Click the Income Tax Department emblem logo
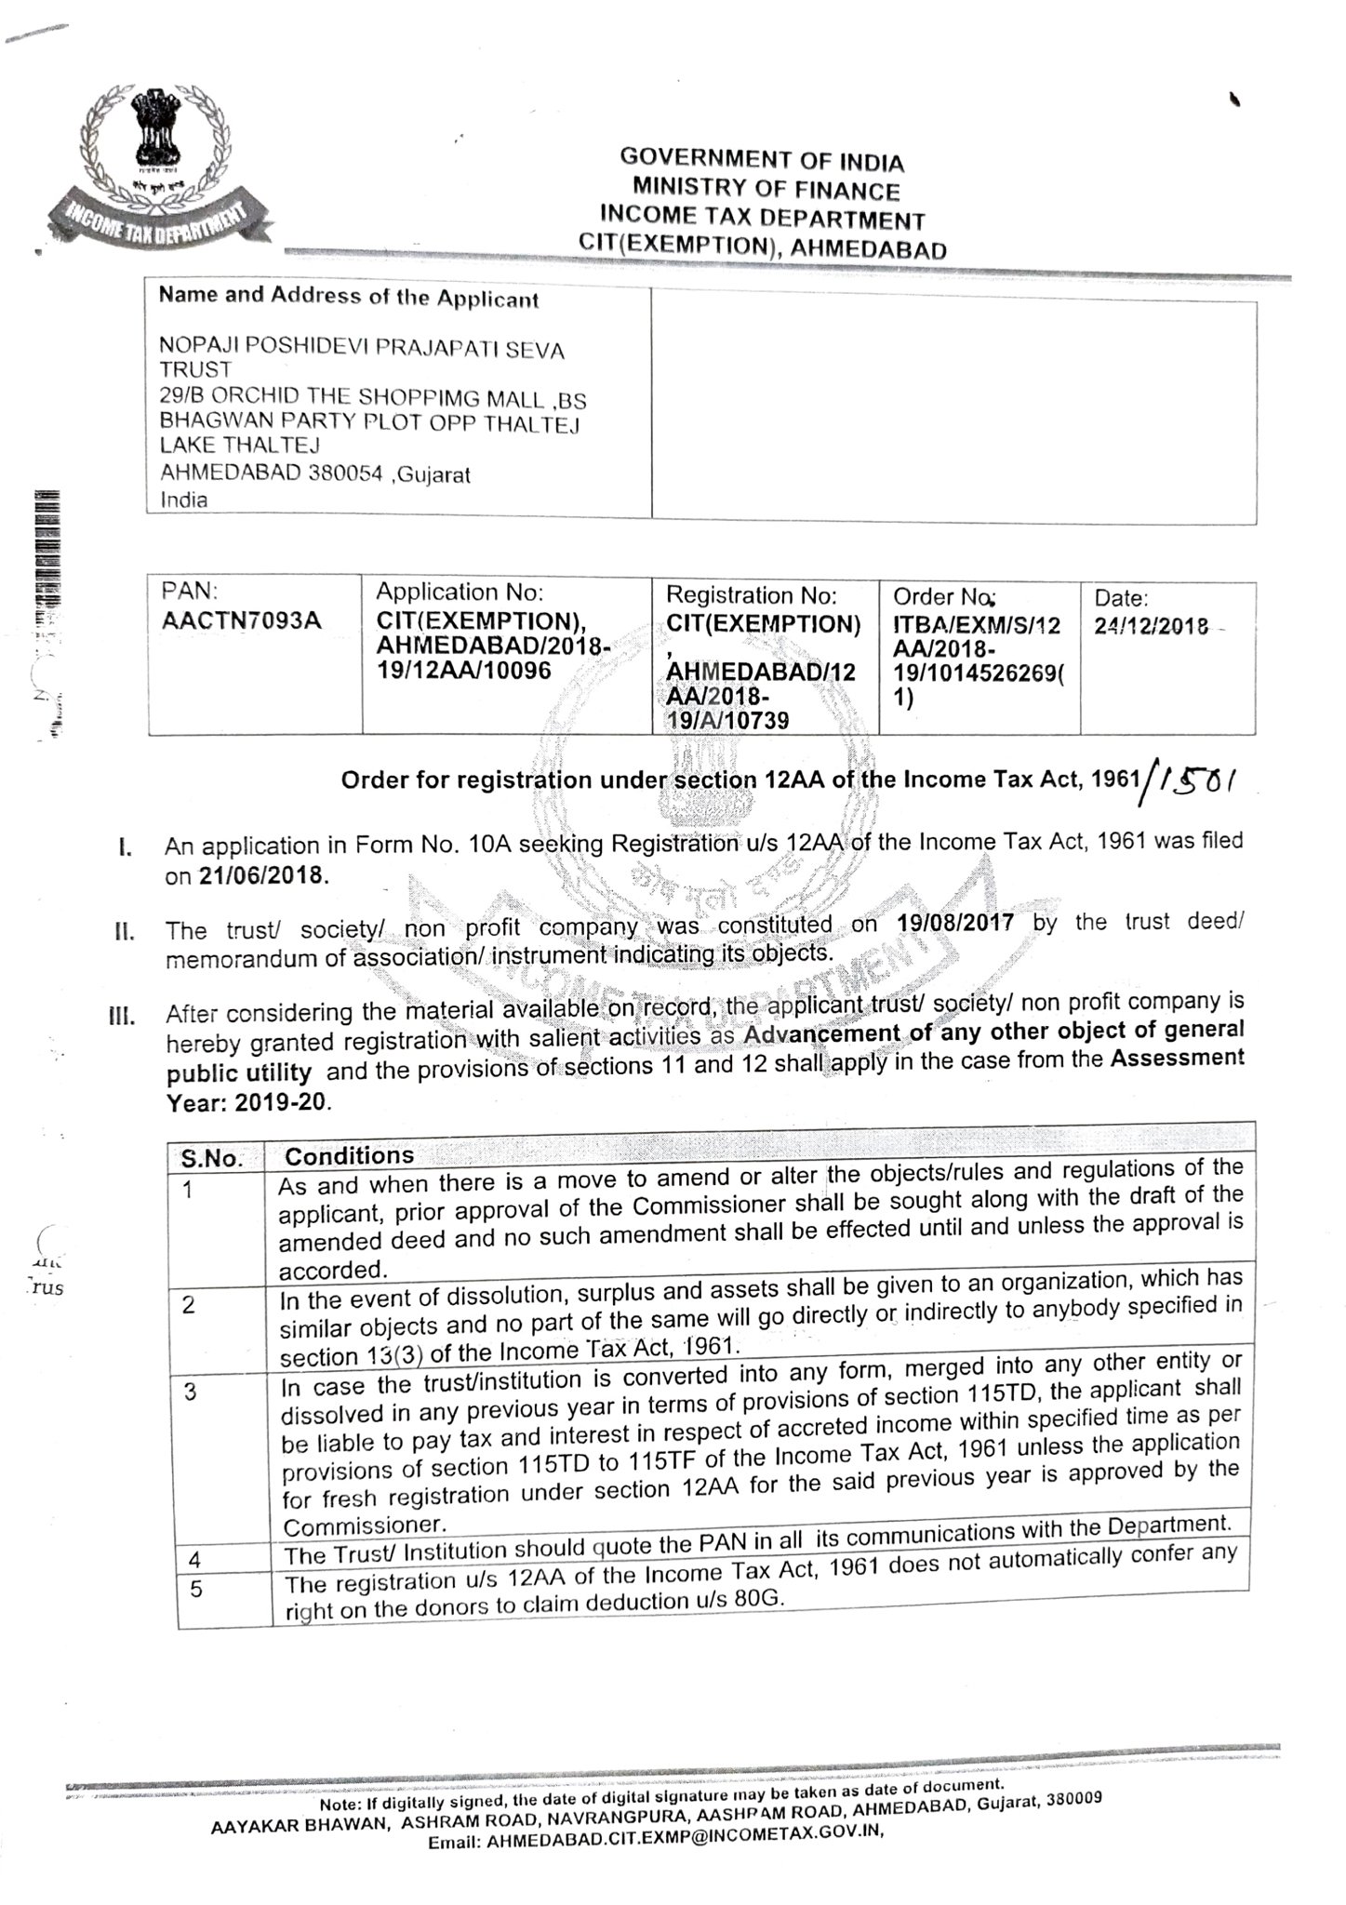click(x=159, y=167)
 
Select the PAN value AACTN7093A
click(x=241, y=619)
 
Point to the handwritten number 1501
click(x=1197, y=774)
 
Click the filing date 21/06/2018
click(x=263, y=876)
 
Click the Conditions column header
click(x=349, y=1155)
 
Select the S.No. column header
click(x=212, y=1158)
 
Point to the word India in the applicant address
click(x=184, y=499)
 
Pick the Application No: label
click(x=459, y=592)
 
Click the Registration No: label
click(x=752, y=594)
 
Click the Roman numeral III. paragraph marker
click(x=122, y=1014)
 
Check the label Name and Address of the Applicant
click(x=348, y=298)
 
